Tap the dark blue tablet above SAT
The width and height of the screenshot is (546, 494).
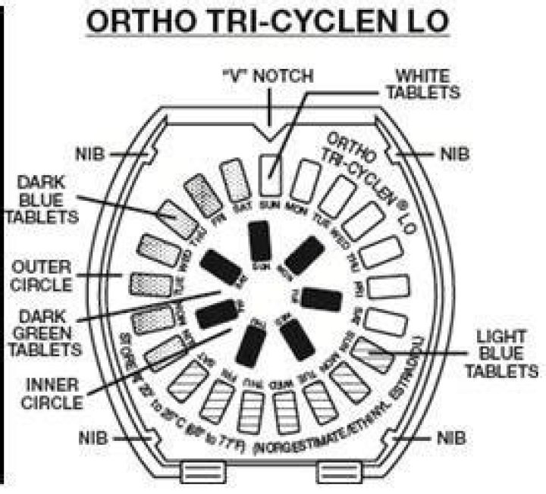[234, 179]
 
